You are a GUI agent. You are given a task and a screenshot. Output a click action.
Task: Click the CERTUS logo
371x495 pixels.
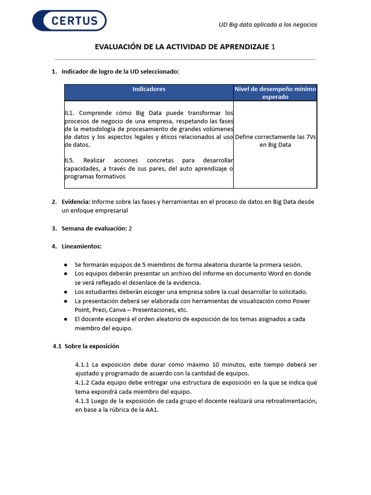pos(69,21)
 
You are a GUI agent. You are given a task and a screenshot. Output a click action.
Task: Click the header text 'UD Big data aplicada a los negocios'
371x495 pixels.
pos(268,25)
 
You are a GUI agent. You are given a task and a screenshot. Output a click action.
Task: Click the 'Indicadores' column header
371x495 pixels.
pos(149,89)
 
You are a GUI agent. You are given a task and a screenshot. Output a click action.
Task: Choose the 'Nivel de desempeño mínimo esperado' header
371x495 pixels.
pos(275,93)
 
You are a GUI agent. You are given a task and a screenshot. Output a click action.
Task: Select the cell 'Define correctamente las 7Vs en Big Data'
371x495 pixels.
pos(275,141)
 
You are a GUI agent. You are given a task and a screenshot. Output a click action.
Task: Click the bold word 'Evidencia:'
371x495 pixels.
pos(76,202)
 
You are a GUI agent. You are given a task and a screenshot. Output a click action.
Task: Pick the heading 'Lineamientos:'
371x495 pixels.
pos(82,247)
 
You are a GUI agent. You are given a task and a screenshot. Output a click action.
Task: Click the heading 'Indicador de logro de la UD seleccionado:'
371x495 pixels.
pos(120,72)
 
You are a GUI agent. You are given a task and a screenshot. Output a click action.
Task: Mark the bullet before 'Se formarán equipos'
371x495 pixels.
pos(65,265)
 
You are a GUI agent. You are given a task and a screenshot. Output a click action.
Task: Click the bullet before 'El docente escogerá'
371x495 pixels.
pos(65,320)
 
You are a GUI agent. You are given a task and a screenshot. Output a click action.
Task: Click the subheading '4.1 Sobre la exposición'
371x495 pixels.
pos(86,347)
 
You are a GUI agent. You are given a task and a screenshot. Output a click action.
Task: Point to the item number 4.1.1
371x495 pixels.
pos(82,364)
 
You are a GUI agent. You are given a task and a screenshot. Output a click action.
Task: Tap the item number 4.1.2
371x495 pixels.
pos(82,383)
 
